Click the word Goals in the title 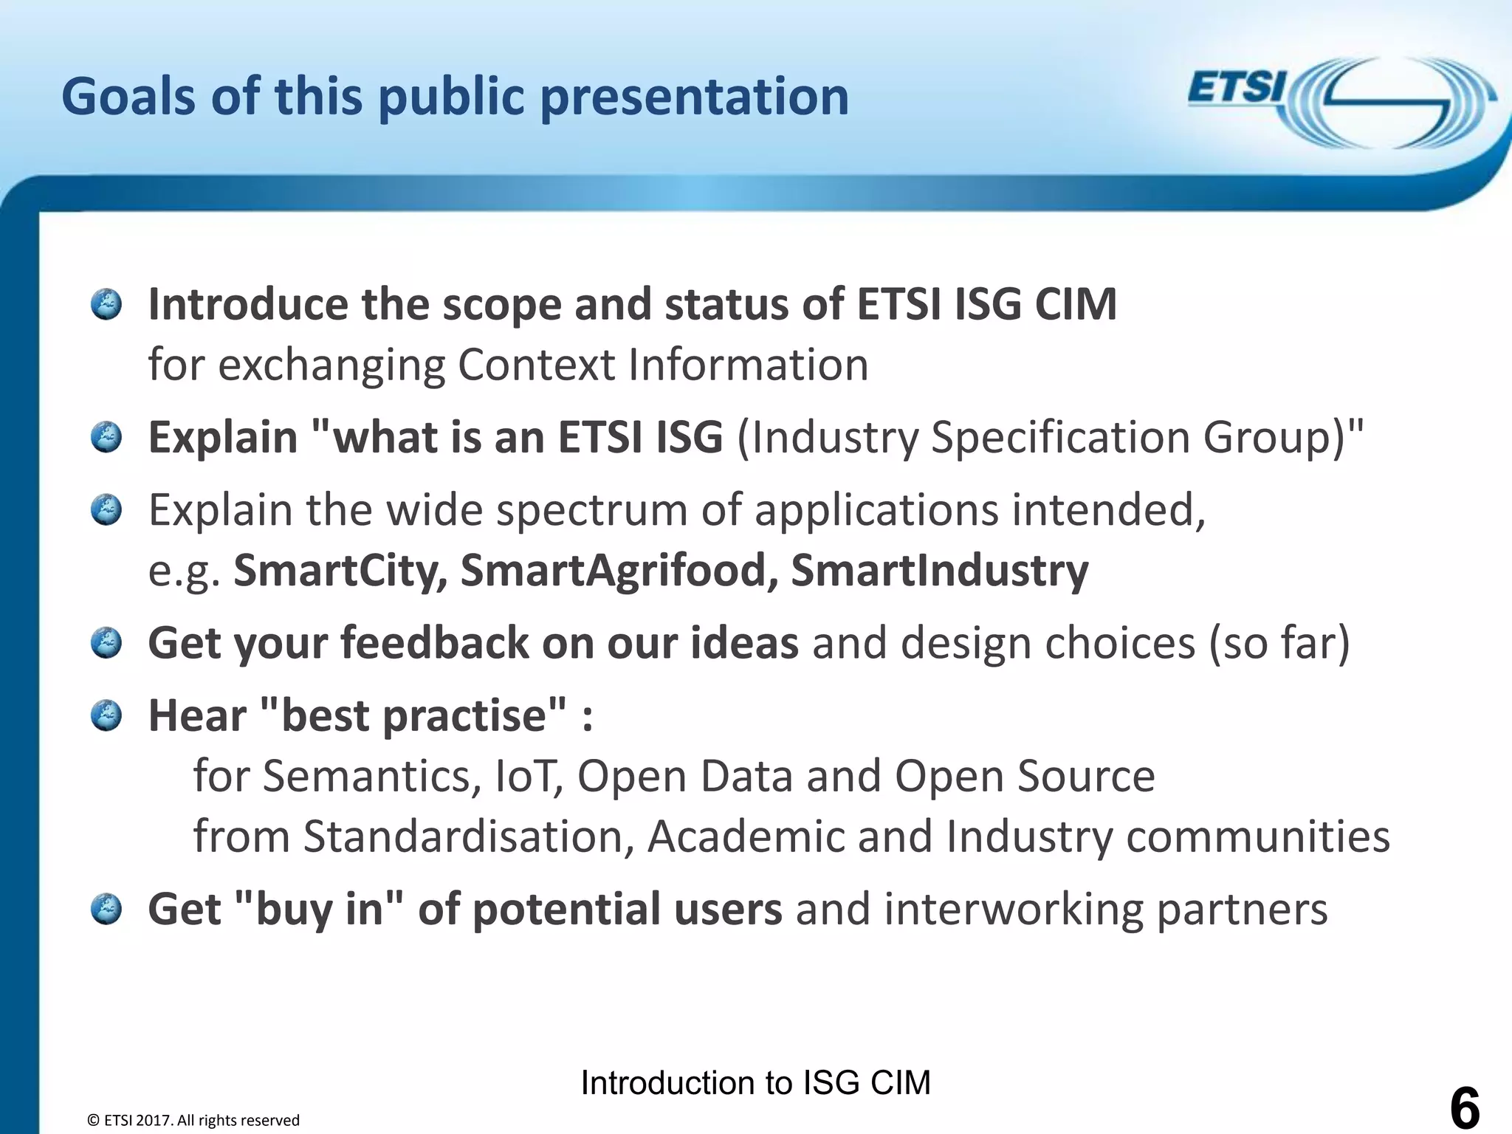[129, 97]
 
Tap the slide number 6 [1465, 1107]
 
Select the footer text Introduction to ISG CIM [755, 1083]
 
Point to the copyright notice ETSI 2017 [193, 1120]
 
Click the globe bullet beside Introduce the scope [106, 304]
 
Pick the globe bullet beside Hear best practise [106, 715]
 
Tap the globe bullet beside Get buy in [106, 909]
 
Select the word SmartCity [340, 571]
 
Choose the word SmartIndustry [939, 571]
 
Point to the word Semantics [366, 776]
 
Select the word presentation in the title [694, 97]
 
